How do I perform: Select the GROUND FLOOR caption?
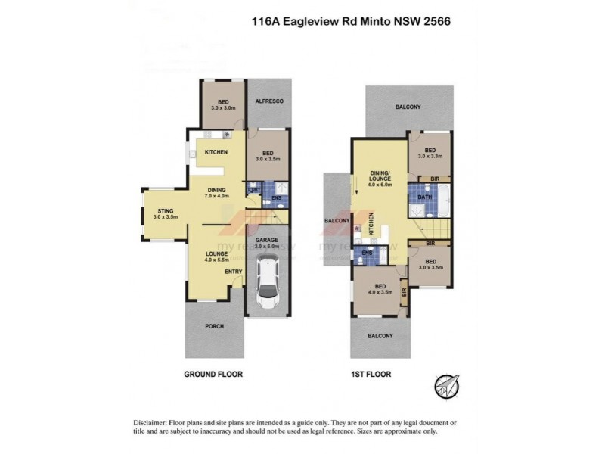click(213, 374)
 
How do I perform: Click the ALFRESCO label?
click(268, 101)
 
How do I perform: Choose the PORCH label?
click(214, 327)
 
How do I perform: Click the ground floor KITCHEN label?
click(216, 153)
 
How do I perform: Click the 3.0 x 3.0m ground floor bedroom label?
click(223, 105)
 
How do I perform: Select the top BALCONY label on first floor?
click(408, 107)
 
